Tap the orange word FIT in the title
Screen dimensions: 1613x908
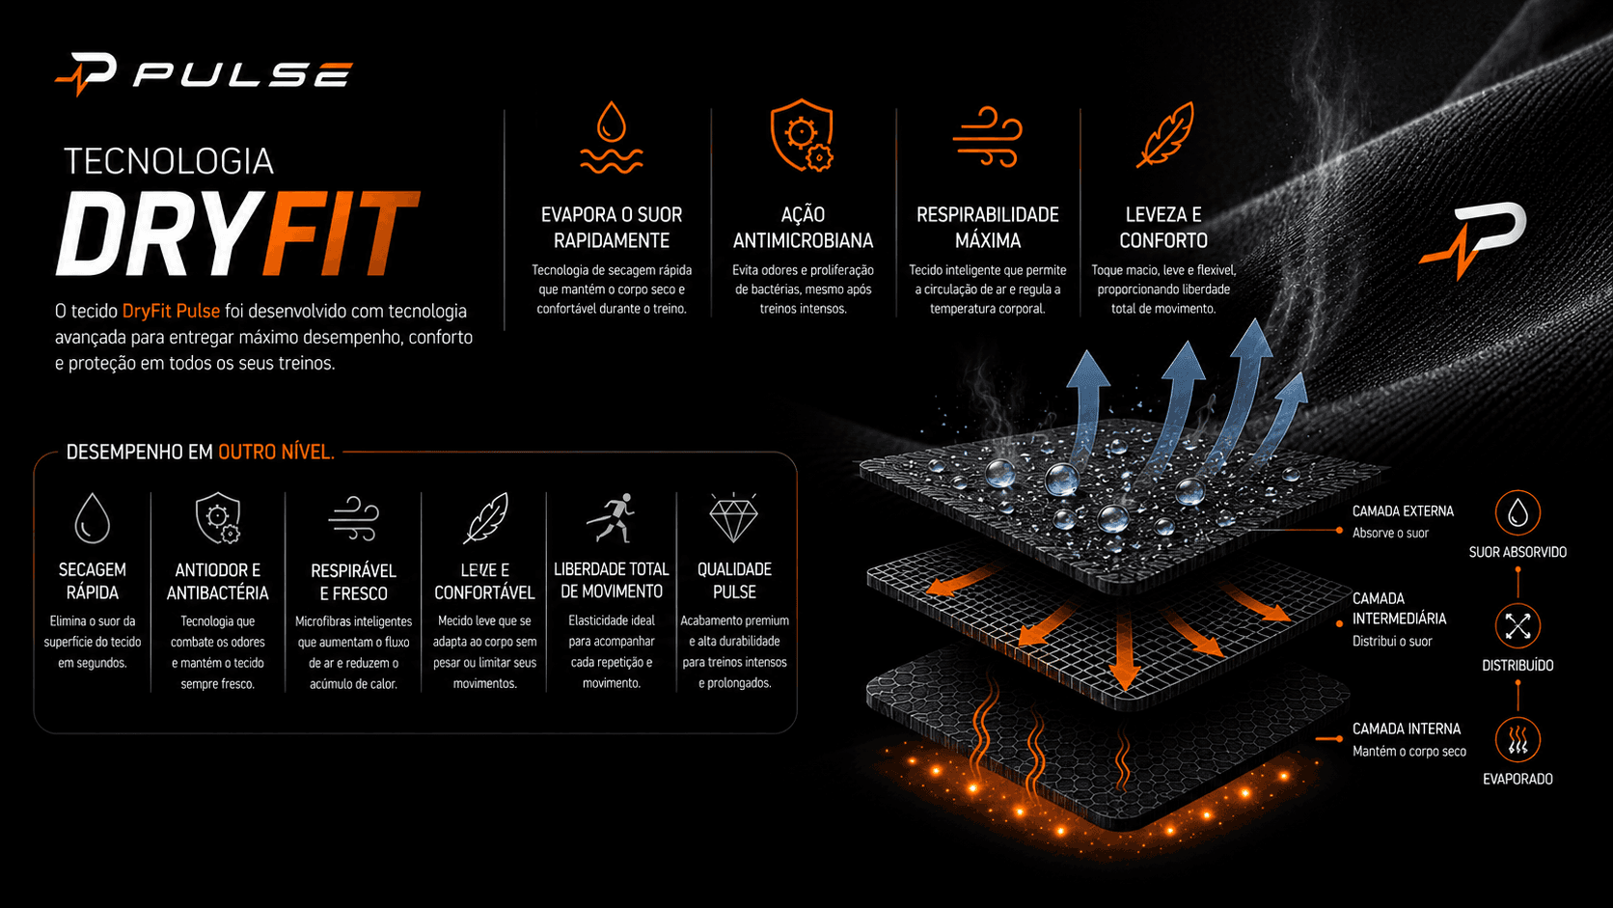click(340, 234)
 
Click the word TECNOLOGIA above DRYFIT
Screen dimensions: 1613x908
click(169, 161)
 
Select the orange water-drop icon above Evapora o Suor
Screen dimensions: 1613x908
click(612, 137)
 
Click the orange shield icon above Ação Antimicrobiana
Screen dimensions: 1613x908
click(803, 135)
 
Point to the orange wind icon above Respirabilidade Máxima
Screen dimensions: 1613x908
click(987, 137)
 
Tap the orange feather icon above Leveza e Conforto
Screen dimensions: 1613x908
click(1164, 135)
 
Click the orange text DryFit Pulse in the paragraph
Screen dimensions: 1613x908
click(171, 311)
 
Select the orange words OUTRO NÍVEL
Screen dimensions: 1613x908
click(277, 453)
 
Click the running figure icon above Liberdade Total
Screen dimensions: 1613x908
click(612, 518)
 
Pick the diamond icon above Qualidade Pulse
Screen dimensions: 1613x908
click(734, 518)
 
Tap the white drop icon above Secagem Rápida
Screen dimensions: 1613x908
click(93, 518)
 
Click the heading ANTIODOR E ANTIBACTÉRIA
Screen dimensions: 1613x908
click(217, 582)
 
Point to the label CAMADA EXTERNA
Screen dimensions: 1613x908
click(1403, 511)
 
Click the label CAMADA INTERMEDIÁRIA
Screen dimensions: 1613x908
click(1399, 609)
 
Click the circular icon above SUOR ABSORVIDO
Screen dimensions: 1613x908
click(1517, 512)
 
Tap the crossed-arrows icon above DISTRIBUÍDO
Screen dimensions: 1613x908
click(1517, 626)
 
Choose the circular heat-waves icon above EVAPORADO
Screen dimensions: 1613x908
click(1517, 739)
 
